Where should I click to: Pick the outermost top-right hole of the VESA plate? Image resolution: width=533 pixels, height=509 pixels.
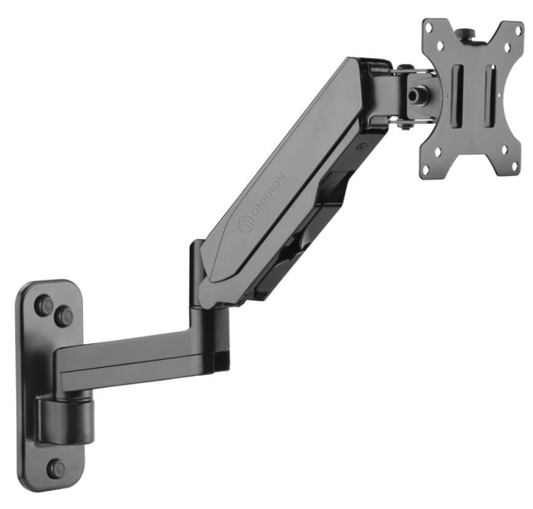(518, 30)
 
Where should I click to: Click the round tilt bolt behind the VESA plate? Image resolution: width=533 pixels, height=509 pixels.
(416, 93)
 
